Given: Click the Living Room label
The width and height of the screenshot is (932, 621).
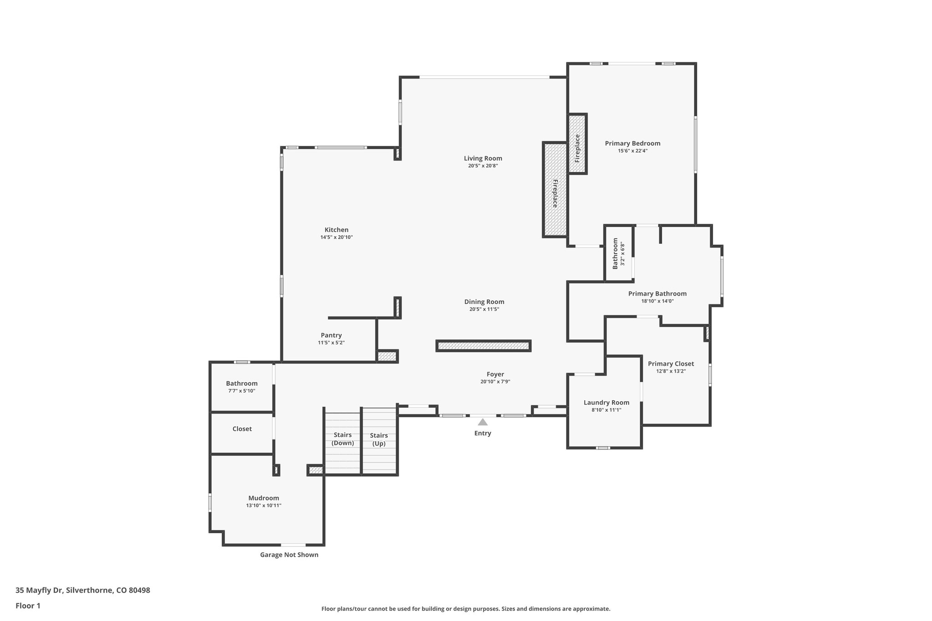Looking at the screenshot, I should (x=483, y=158).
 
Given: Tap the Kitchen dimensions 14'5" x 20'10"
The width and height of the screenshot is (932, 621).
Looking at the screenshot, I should (x=336, y=237).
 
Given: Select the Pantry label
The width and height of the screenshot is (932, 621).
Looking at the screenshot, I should (x=331, y=335).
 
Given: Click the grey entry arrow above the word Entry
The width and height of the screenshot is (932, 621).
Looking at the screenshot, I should (x=483, y=422).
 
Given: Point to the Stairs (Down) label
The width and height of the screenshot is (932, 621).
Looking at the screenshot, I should (x=342, y=439).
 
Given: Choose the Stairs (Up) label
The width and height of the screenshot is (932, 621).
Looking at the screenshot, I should (x=379, y=439).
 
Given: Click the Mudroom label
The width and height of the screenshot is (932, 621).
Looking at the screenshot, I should (x=263, y=498).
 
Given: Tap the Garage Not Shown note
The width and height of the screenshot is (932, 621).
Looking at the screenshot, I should (x=289, y=555).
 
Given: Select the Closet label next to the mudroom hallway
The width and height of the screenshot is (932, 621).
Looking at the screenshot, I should (x=242, y=429).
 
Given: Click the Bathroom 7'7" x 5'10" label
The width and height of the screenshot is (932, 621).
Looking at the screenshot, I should (x=242, y=384).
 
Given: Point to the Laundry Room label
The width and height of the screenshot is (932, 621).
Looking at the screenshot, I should (x=606, y=403).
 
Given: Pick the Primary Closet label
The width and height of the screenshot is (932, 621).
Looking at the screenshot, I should (x=671, y=364).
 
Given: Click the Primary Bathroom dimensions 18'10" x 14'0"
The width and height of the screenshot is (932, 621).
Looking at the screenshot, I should (x=657, y=301).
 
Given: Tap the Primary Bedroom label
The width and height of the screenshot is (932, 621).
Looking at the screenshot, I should (x=632, y=143).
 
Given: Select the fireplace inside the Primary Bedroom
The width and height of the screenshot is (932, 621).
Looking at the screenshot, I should (x=577, y=143).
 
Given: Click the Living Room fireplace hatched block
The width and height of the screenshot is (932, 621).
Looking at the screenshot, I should (x=555, y=190).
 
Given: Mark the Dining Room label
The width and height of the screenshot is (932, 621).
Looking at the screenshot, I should (x=484, y=302).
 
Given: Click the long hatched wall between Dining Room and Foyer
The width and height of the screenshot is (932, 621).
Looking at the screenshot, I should (x=483, y=346).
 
